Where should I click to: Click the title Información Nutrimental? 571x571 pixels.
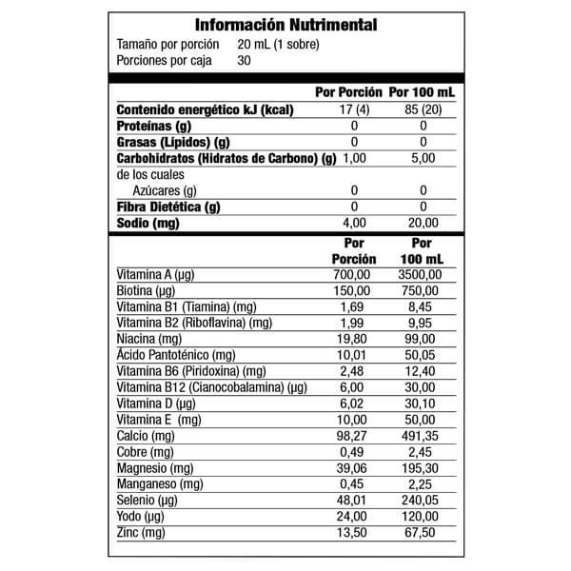coord(285,25)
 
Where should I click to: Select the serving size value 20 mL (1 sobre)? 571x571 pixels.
coord(277,45)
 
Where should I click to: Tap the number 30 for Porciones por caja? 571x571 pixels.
coord(245,60)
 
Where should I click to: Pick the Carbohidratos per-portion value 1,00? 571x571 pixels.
coord(354,158)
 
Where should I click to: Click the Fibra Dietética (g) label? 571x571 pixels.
coord(168,207)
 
